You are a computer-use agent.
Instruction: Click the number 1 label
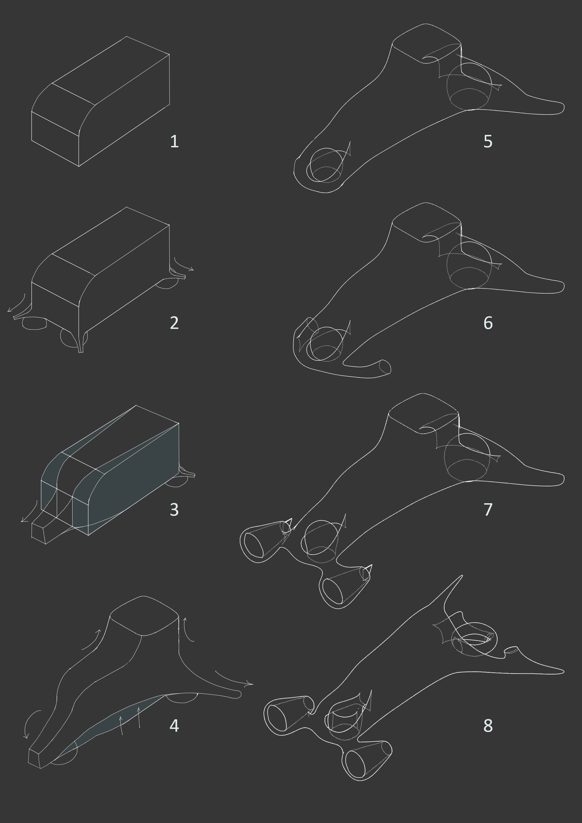point(174,142)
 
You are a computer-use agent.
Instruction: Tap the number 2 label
point(174,323)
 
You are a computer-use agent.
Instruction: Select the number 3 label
point(174,509)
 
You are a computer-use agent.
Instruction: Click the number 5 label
point(488,142)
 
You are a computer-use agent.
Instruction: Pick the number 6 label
point(488,323)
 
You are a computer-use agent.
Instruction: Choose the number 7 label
point(488,509)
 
